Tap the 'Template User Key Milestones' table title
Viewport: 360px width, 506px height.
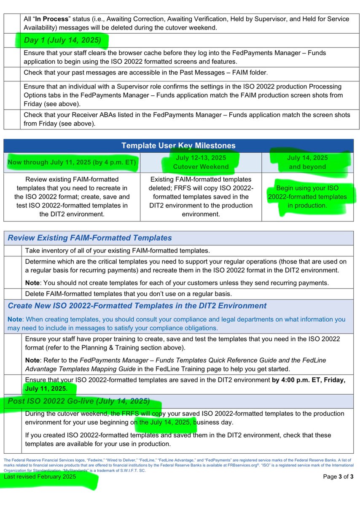[x=178, y=145]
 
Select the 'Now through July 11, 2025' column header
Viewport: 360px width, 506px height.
[x=72, y=162]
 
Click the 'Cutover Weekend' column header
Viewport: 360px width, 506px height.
[x=201, y=167]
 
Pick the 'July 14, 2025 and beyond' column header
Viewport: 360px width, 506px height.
[x=307, y=162]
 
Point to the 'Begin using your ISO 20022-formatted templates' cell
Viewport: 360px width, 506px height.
[x=307, y=197]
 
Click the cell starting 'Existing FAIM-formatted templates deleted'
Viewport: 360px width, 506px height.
[x=201, y=197]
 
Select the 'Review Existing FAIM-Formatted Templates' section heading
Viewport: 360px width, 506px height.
[x=90, y=238]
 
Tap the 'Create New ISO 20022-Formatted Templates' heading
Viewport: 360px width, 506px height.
[x=137, y=306]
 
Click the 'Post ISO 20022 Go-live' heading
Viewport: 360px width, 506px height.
[x=78, y=401]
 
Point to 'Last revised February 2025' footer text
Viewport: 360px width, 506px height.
[x=40, y=476]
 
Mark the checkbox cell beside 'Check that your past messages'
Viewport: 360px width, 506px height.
[x=12, y=73]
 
